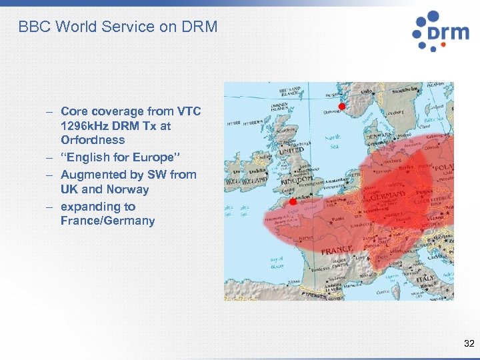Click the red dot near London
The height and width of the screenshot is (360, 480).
[x=291, y=201]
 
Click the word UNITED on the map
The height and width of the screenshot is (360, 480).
[x=289, y=151]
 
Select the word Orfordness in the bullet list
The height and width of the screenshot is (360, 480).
[x=93, y=140]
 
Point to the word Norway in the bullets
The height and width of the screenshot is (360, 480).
[x=129, y=189]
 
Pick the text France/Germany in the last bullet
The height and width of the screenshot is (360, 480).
[x=107, y=221]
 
